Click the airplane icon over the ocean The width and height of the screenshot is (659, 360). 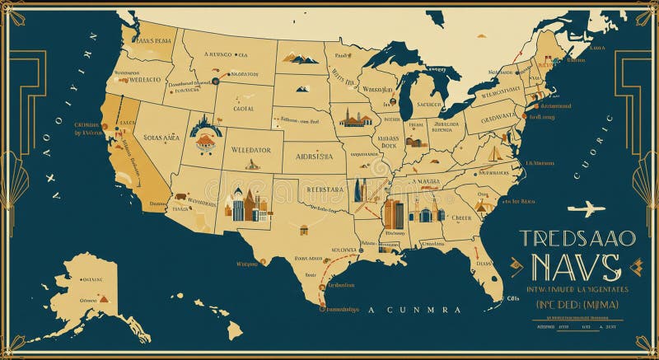tap(586, 208)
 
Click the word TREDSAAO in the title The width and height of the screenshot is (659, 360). tap(577, 239)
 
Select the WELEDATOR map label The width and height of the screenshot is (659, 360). tap(251, 151)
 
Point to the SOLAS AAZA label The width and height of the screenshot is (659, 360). tap(161, 138)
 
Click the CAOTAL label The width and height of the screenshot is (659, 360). tap(242, 108)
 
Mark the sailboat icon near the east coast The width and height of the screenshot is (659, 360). tap(493, 153)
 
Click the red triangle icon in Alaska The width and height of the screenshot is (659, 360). tap(104, 298)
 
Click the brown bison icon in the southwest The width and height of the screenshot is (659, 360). tap(179, 199)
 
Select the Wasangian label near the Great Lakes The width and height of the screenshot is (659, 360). tap(378, 89)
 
